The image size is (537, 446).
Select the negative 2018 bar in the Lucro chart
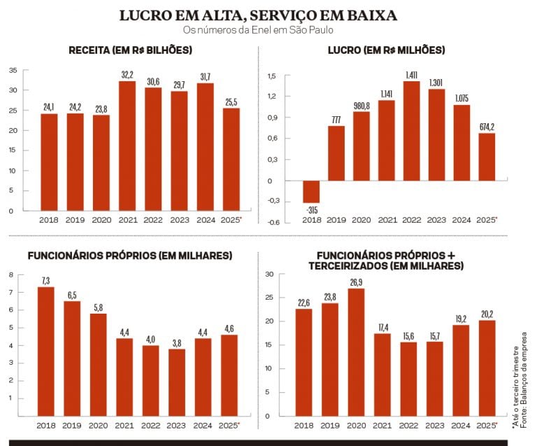[310, 192]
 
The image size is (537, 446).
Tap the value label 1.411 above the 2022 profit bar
[412, 74]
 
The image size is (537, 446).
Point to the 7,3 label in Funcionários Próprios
[46, 280]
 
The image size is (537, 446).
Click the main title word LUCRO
[144, 15]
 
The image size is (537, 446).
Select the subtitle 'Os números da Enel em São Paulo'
[257, 30]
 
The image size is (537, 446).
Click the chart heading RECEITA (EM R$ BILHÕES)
[131, 50]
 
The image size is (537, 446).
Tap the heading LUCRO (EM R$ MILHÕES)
[387, 50]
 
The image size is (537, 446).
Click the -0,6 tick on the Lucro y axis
[273, 223]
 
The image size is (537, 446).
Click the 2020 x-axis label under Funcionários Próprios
[98, 425]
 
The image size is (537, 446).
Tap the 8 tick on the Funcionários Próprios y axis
[11, 274]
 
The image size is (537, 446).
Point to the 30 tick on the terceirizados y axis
[269, 274]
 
